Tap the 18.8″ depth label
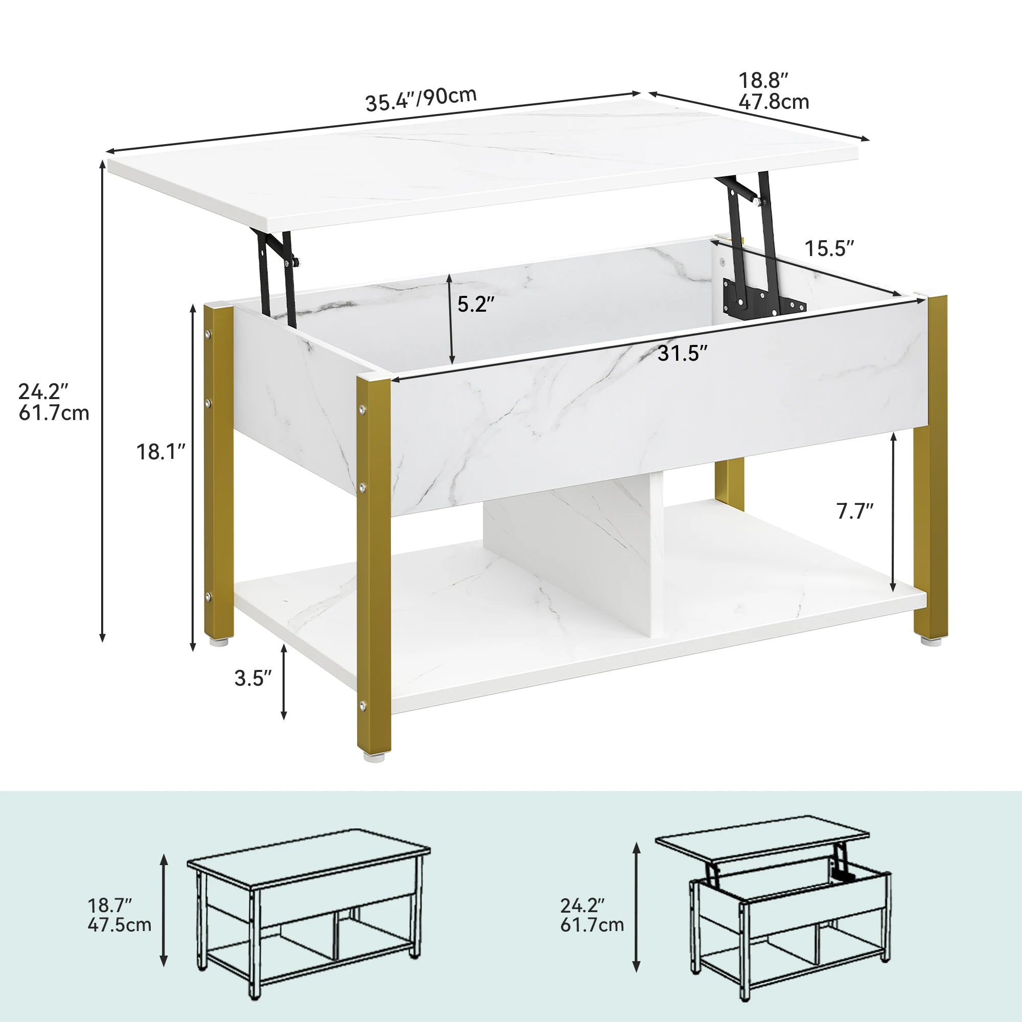(763, 81)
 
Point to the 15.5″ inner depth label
(829, 248)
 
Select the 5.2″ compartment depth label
(476, 304)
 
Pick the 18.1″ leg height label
(161, 452)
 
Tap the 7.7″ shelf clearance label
(854, 511)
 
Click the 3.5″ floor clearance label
(253, 678)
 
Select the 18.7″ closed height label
(109, 905)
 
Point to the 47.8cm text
(773, 102)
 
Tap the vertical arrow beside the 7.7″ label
(893, 511)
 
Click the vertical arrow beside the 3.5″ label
(284, 682)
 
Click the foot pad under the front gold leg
(374, 756)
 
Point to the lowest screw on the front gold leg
(362, 705)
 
